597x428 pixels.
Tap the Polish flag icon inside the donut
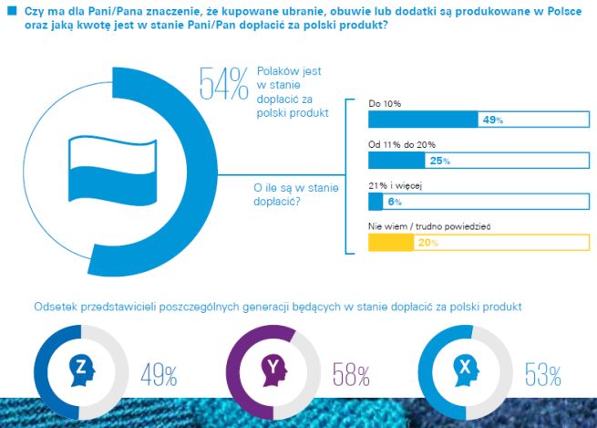pyautogui.click(x=108, y=168)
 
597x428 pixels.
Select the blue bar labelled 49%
pyautogui.click(x=422, y=120)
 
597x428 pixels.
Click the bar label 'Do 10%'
pyautogui.click(x=385, y=104)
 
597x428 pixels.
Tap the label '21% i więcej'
pyautogui.click(x=395, y=185)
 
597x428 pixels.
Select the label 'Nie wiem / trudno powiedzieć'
pyautogui.click(x=423, y=226)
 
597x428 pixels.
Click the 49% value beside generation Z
pyautogui.click(x=159, y=374)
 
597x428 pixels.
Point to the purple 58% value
pyautogui.click(x=351, y=374)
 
